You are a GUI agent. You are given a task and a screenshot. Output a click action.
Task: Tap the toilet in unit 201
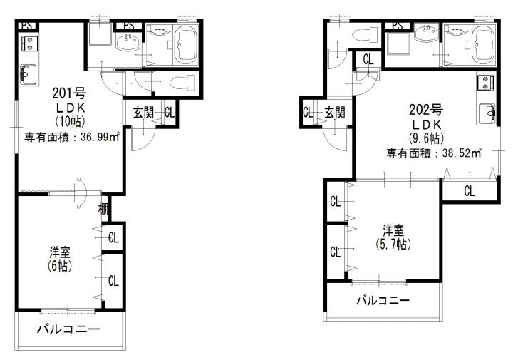click(182, 83)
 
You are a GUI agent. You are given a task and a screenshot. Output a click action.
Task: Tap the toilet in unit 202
click(364, 34)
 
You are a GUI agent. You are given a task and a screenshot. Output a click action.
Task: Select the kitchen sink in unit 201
click(28, 75)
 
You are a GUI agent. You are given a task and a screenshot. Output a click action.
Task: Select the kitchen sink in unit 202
click(487, 113)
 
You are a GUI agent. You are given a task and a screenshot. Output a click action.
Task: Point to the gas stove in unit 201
click(29, 43)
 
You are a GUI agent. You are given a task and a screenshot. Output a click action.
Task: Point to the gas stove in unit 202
click(485, 82)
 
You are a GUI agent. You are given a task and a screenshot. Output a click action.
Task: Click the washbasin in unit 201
click(128, 42)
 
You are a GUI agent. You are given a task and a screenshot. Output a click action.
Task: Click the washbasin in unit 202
click(426, 33)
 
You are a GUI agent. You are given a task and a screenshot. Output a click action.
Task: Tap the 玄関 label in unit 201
click(143, 113)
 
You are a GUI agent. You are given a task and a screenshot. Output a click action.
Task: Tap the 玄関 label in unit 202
click(335, 113)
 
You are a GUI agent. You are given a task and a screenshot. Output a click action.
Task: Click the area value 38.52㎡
click(462, 153)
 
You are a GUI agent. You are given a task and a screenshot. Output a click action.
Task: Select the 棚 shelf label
click(103, 208)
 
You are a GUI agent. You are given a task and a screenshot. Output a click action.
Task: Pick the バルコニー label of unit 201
click(68, 329)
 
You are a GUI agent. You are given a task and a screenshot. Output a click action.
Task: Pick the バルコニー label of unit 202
click(383, 300)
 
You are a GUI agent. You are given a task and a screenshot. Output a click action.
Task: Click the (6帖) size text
click(60, 267)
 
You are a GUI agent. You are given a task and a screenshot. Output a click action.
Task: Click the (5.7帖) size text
click(393, 244)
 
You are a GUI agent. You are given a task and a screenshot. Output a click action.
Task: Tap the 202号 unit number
click(425, 110)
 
